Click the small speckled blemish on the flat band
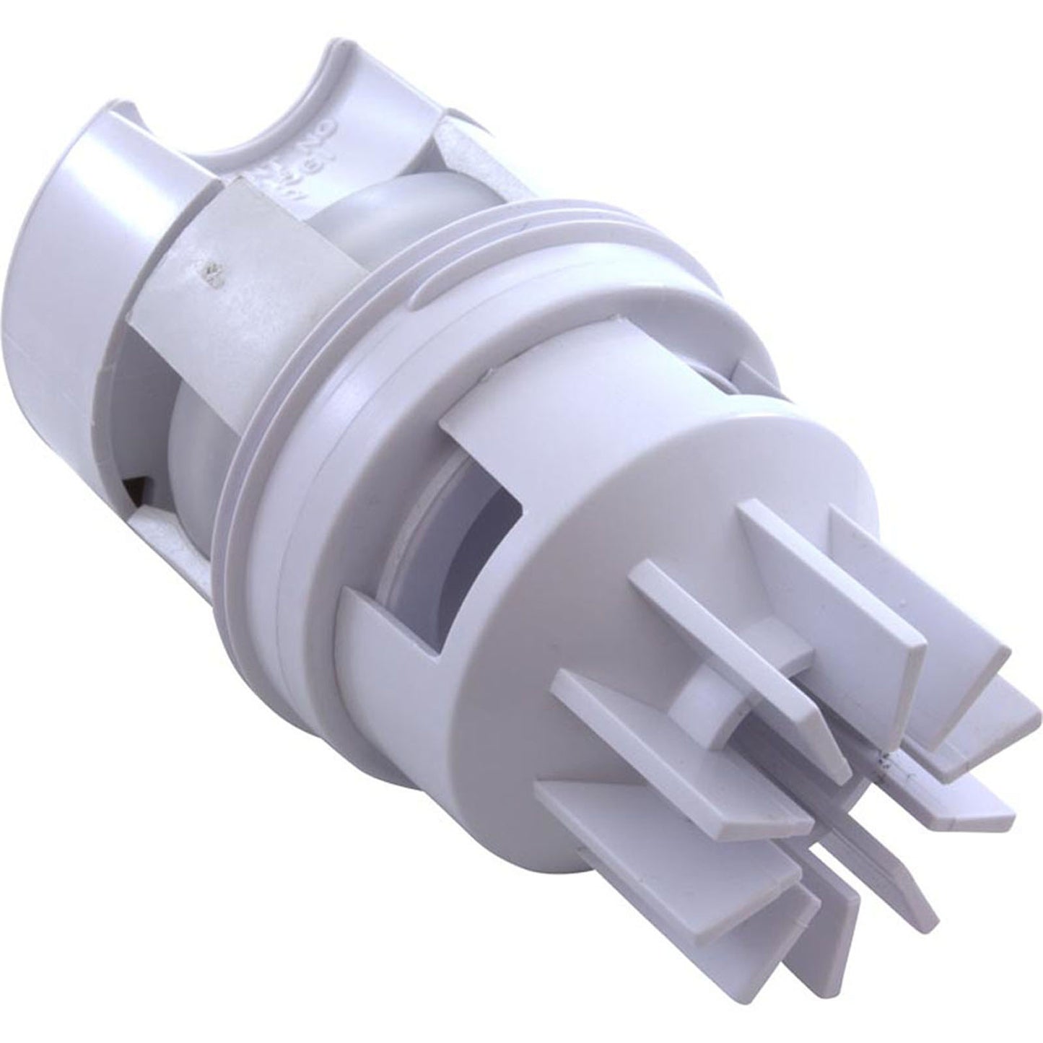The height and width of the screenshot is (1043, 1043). [211, 273]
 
